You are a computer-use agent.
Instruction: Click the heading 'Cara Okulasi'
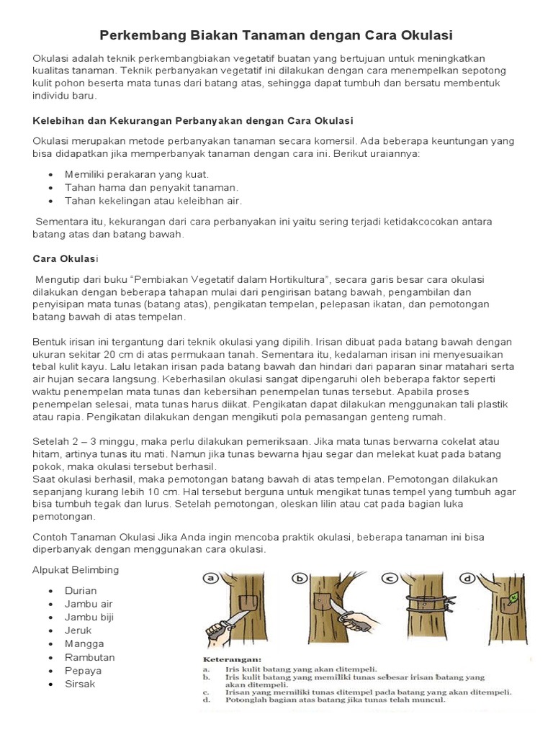(x=66, y=258)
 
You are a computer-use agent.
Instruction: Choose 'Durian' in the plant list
(x=81, y=590)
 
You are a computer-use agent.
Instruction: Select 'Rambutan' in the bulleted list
(x=89, y=657)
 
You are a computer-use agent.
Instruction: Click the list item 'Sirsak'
(x=80, y=684)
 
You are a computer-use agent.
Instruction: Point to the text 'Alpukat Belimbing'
(x=76, y=570)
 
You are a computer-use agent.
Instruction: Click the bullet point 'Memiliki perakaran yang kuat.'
(x=137, y=174)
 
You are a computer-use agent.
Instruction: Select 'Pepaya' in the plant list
(x=83, y=671)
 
